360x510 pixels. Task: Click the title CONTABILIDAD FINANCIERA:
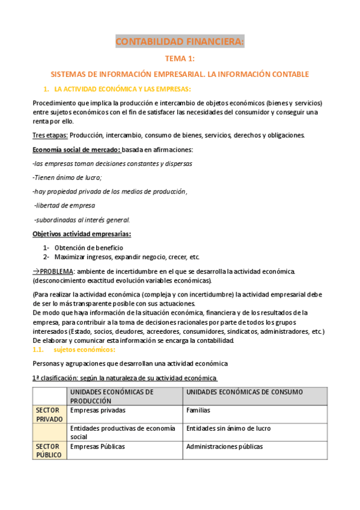point(180,41)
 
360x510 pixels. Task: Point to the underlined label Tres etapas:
point(50,135)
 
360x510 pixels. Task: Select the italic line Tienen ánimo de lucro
point(67,177)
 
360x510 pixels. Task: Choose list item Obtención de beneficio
point(88,248)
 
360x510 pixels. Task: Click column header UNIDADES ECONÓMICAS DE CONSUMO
point(244,392)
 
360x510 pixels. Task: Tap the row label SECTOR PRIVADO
point(49,414)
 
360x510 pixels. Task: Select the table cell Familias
point(200,410)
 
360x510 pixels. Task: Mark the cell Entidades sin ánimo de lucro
point(228,428)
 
